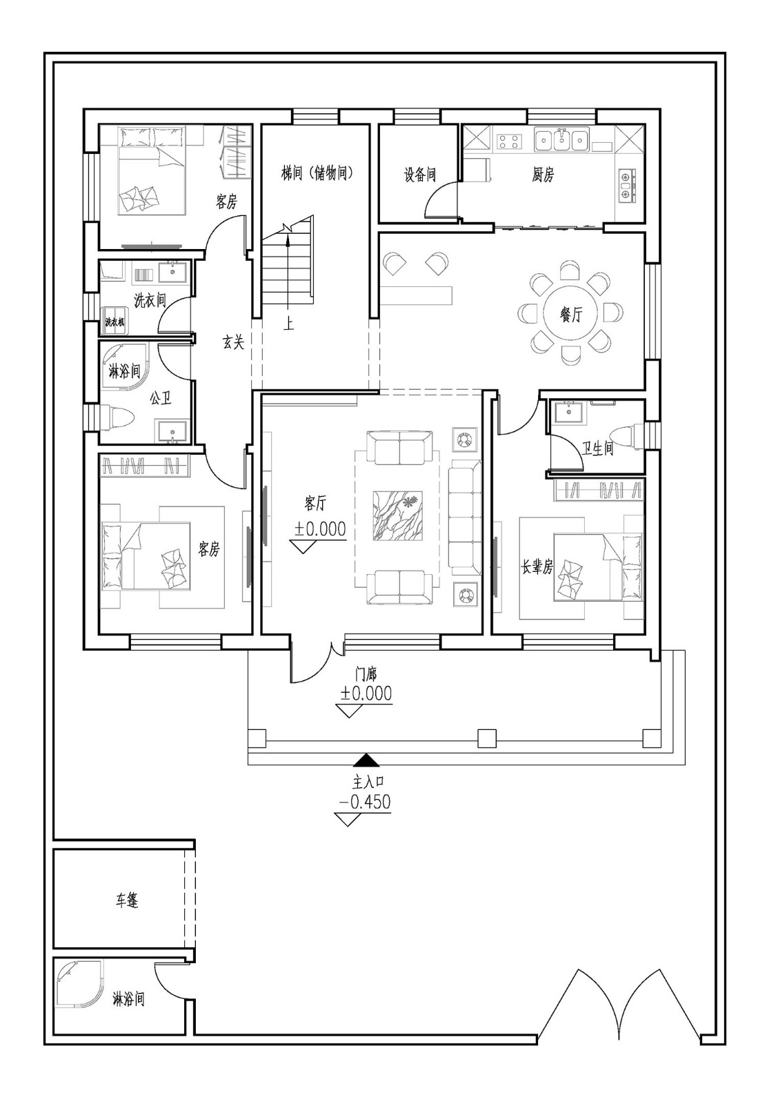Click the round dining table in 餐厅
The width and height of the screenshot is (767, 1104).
pyautogui.click(x=570, y=313)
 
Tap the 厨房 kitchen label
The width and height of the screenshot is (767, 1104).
pyautogui.click(x=542, y=175)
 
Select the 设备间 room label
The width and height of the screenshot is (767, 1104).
pyautogui.click(x=419, y=175)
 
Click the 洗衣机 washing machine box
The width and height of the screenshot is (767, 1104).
pyautogui.click(x=114, y=322)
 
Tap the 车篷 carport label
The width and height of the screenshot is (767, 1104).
pyautogui.click(x=127, y=900)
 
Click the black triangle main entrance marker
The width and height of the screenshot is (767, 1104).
pyautogui.click(x=366, y=760)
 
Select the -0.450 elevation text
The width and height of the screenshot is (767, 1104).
pyautogui.click(x=365, y=802)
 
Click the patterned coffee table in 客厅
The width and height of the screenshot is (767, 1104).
pyautogui.click(x=397, y=515)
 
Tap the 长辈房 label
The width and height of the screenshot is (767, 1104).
pyautogui.click(x=537, y=567)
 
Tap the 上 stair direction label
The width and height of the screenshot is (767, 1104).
pyautogui.click(x=289, y=324)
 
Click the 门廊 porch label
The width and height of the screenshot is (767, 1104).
pyautogui.click(x=366, y=674)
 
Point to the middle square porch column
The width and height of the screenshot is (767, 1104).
pyautogui.click(x=487, y=738)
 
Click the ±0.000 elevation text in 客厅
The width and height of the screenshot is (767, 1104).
pyautogui.click(x=320, y=529)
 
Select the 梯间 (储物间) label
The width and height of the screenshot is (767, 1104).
pyautogui.click(x=317, y=173)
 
